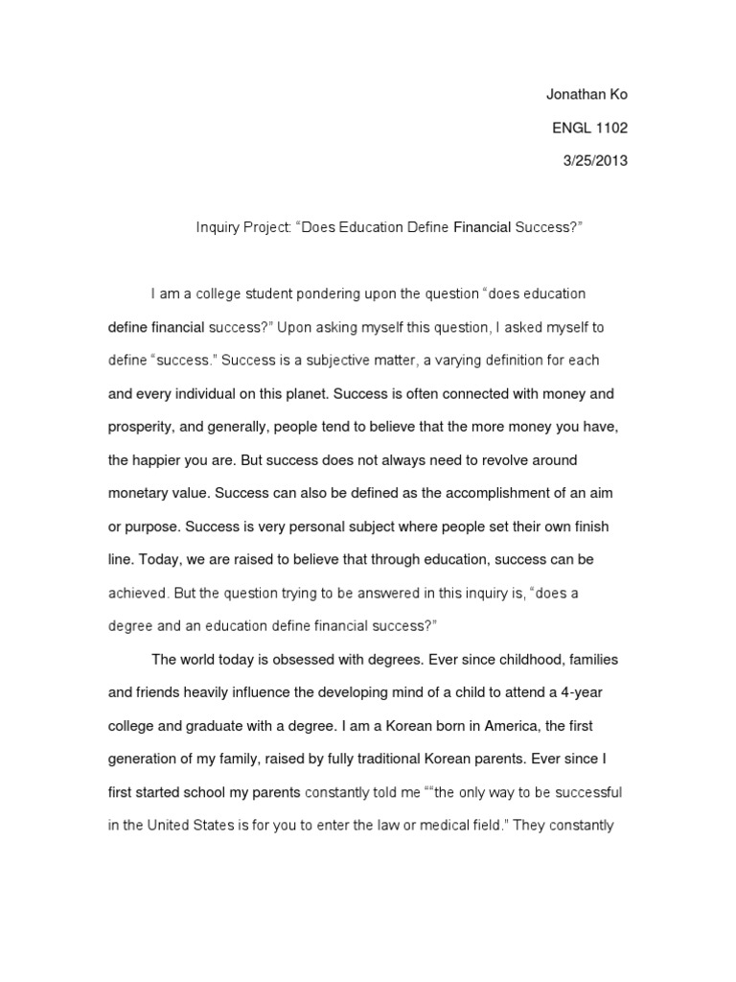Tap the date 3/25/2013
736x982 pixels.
(594, 161)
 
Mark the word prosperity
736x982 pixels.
(141, 427)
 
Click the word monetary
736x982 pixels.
(140, 494)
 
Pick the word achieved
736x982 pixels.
(140, 594)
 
